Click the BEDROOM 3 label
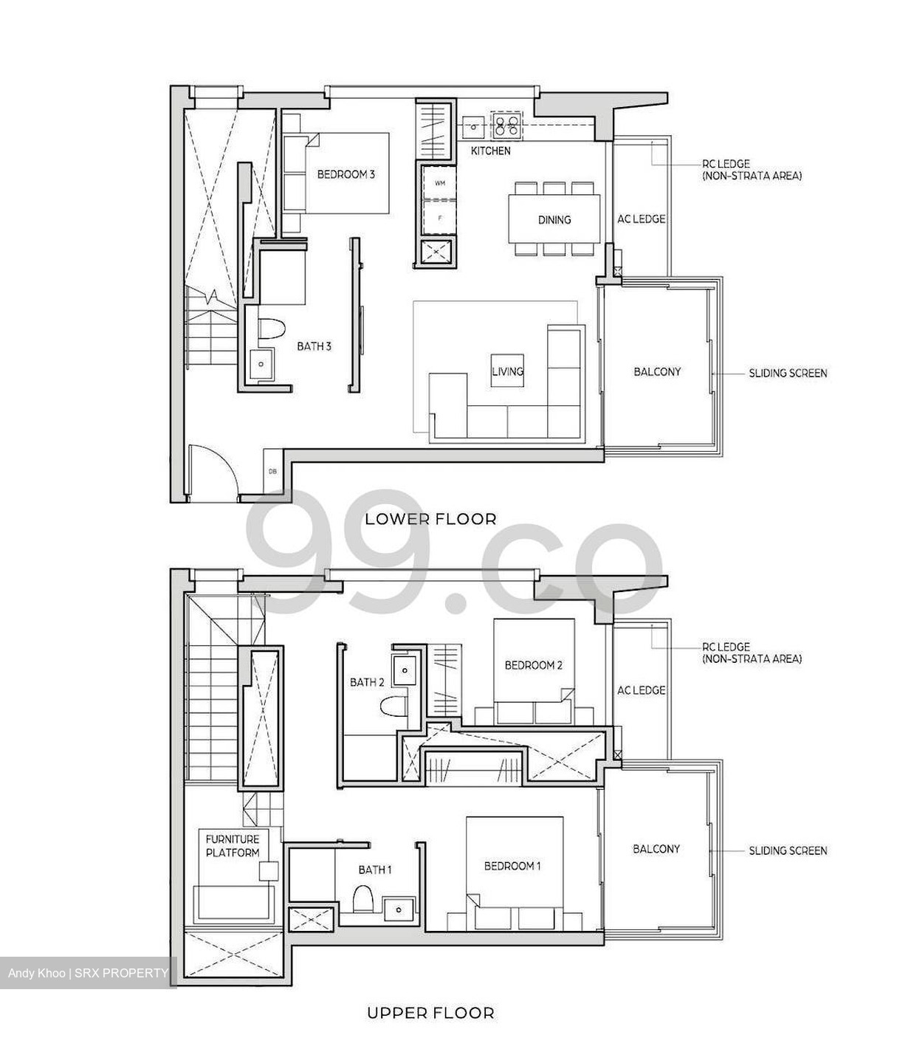pos(346,175)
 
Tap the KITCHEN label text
pos(490,151)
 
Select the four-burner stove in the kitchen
pos(506,126)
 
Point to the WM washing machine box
pos(440,183)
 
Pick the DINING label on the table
pos(554,219)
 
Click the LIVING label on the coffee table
pos(507,371)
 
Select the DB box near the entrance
pos(272,471)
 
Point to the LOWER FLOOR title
pos(430,519)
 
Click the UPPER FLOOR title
pos(430,1013)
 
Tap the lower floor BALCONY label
pos(657,372)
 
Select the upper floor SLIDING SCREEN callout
pos(788,850)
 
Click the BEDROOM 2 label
pos(533,665)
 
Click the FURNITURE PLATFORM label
pos(233,846)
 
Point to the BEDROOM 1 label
pos(512,866)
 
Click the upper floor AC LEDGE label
pos(641,690)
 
